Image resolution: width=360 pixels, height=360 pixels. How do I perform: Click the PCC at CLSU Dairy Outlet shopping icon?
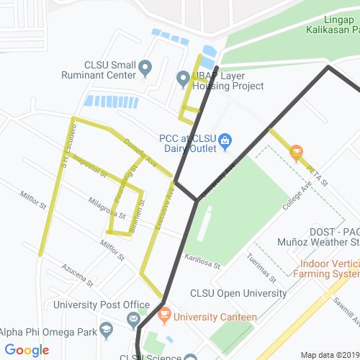tap(225, 140)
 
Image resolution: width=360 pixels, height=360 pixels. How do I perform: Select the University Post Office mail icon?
tap(133, 318)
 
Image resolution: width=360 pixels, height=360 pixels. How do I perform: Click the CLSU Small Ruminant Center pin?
tap(145, 68)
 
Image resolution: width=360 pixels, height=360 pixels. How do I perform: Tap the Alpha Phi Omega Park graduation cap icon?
tap(107, 331)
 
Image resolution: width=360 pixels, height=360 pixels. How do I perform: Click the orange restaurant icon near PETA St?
tap(295, 153)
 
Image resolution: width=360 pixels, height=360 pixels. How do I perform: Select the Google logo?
tap(27, 351)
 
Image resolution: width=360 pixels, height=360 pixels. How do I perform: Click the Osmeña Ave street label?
tap(140, 153)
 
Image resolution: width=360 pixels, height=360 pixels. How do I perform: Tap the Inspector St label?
tap(89, 166)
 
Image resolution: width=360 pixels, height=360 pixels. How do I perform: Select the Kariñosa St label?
tap(201, 259)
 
